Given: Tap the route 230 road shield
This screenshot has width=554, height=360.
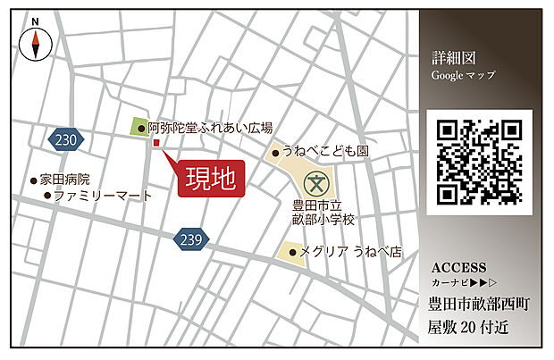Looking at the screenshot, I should coord(65,139).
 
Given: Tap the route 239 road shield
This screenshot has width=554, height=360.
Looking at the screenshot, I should coord(189,239).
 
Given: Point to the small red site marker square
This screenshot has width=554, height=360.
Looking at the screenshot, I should coord(155,142).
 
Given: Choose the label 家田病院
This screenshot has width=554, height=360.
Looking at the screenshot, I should coord(63,180).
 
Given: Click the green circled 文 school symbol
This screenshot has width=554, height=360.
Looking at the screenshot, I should coord(315,185).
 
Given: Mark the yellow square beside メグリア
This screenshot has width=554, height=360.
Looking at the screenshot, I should coord(289,251).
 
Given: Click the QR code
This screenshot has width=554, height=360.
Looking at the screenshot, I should coord(479,162).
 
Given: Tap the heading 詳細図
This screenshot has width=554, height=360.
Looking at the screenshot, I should coord(449,58).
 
